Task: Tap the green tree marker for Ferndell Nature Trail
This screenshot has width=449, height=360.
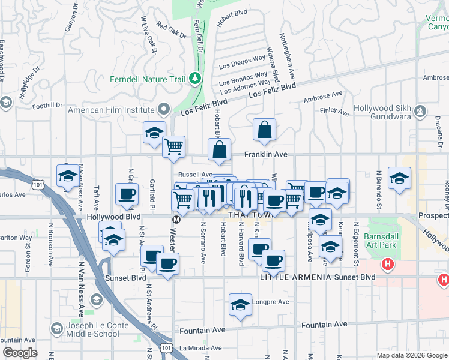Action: (x=194, y=79)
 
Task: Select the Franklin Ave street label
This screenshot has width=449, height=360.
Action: (x=265, y=154)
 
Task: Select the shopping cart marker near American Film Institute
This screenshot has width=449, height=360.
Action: (x=173, y=146)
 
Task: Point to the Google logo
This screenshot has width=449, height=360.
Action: (x=20, y=353)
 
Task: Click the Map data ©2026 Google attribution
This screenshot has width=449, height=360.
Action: (x=411, y=355)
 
